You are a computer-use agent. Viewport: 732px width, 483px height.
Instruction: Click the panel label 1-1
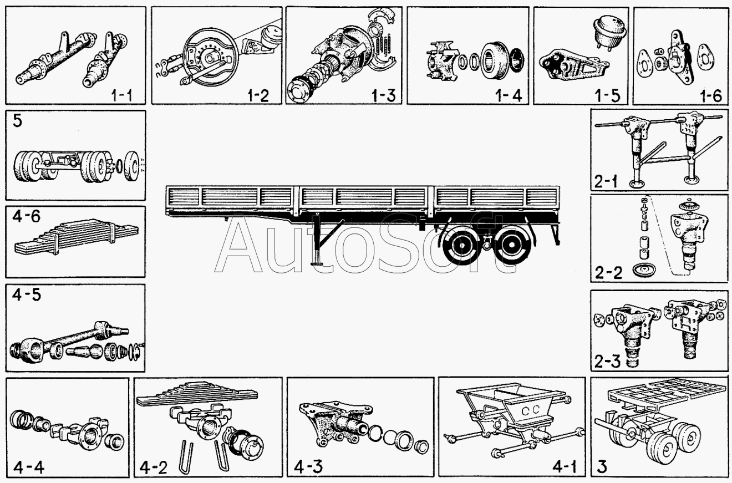click(x=122, y=95)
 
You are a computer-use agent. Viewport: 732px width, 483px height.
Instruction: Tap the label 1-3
click(x=383, y=95)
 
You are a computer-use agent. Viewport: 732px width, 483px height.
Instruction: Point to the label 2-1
click(x=606, y=181)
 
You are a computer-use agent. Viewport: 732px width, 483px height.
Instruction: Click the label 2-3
click(x=607, y=362)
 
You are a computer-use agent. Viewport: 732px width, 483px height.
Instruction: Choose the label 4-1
click(x=565, y=467)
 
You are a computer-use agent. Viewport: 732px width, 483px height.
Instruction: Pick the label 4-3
click(x=308, y=467)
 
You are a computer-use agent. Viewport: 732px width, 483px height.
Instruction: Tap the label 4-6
click(x=27, y=216)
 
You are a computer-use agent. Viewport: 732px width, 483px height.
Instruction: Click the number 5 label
click(x=17, y=121)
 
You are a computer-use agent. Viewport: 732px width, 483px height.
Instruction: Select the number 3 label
click(x=602, y=467)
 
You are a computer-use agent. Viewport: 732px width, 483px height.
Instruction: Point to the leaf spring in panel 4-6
click(x=77, y=237)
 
